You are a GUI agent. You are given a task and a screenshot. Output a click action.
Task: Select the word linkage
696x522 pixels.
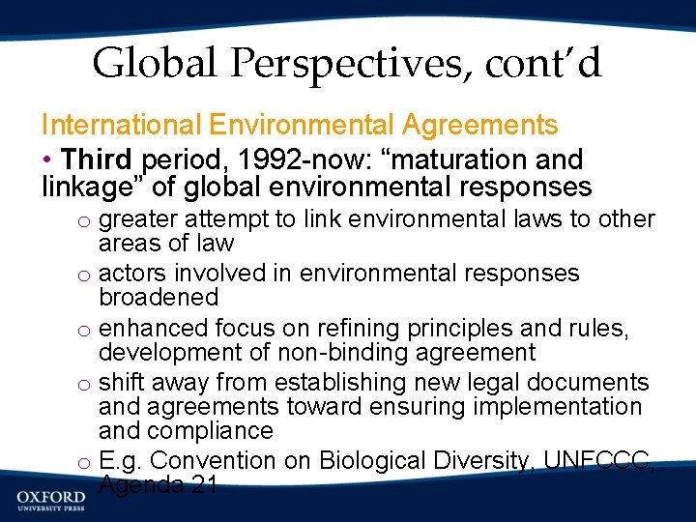point(88,187)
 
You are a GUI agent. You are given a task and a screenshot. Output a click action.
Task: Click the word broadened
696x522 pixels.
point(159,297)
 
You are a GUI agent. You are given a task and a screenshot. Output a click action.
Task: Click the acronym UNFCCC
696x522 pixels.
point(600,460)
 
